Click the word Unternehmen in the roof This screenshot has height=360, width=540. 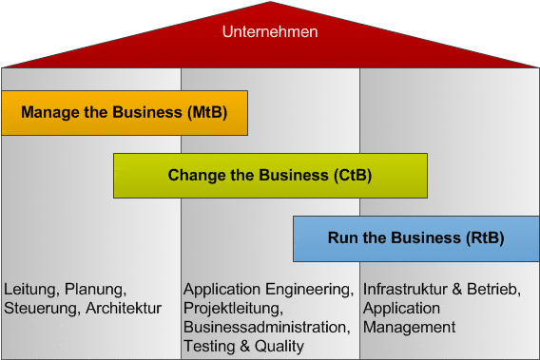[x=270, y=32]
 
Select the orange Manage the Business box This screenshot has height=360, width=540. [x=124, y=113]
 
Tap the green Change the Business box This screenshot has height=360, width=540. [x=270, y=176]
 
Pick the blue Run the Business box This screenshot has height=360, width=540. [x=415, y=238]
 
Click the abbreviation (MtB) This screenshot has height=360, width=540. [x=206, y=113]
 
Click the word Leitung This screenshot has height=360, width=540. [x=29, y=290]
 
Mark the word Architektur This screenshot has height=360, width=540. [x=124, y=309]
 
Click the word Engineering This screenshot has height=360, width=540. [x=307, y=290]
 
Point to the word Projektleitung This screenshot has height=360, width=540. [x=232, y=309]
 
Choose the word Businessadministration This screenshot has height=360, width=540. [x=265, y=328]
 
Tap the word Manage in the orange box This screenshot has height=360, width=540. [x=48, y=113]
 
